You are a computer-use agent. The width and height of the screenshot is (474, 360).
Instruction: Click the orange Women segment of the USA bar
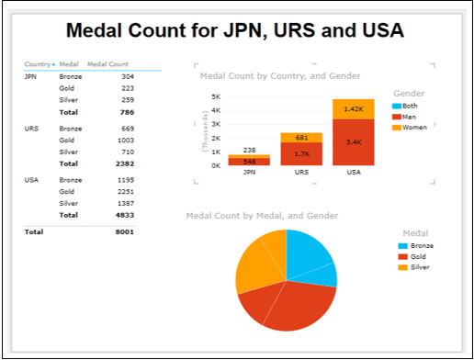point(353,108)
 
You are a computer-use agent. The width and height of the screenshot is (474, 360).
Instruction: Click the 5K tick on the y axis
point(215,96)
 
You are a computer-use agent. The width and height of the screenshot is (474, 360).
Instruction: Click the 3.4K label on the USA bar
point(353,142)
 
